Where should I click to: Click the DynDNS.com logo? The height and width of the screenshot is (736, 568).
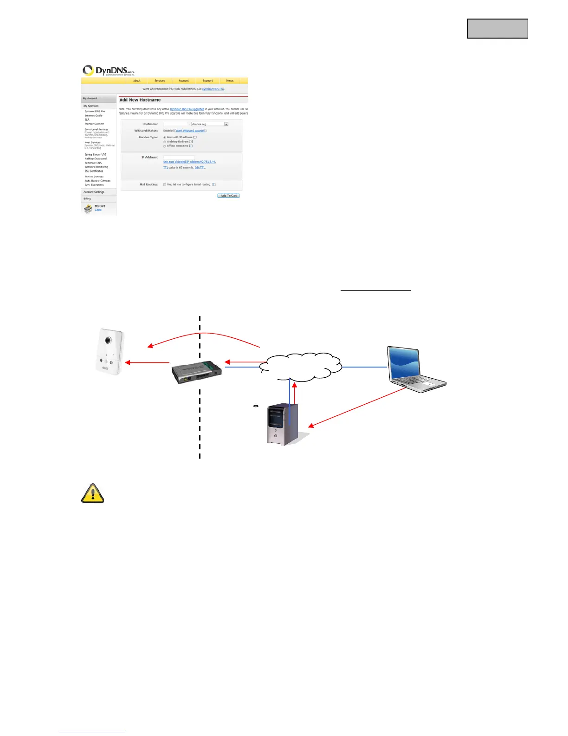point(108,71)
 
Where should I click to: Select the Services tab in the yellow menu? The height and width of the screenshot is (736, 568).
point(160,81)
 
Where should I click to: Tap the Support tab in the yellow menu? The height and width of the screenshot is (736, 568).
point(207,81)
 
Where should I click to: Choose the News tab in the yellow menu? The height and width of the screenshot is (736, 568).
point(230,81)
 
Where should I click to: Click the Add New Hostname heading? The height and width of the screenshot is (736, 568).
point(140,100)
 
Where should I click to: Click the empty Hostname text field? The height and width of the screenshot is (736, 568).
point(176,124)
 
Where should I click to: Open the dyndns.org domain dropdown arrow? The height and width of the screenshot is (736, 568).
point(226,124)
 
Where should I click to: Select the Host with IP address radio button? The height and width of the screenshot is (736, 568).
point(165,138)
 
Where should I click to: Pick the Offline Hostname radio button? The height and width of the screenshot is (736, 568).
point(165,146)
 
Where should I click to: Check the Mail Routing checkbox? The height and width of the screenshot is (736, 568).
point(165,184)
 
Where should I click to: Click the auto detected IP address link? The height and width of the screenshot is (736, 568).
point(189,162)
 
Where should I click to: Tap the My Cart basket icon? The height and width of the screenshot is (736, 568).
point(88,209)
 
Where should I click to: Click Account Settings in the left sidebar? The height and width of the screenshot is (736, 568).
point(94,192)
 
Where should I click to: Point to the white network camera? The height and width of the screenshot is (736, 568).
point(110,351)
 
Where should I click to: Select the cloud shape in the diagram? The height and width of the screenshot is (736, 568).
point(301,366)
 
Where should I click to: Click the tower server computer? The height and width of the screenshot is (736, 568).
point(283,424)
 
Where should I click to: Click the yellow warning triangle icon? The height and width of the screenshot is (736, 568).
point(93,493)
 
